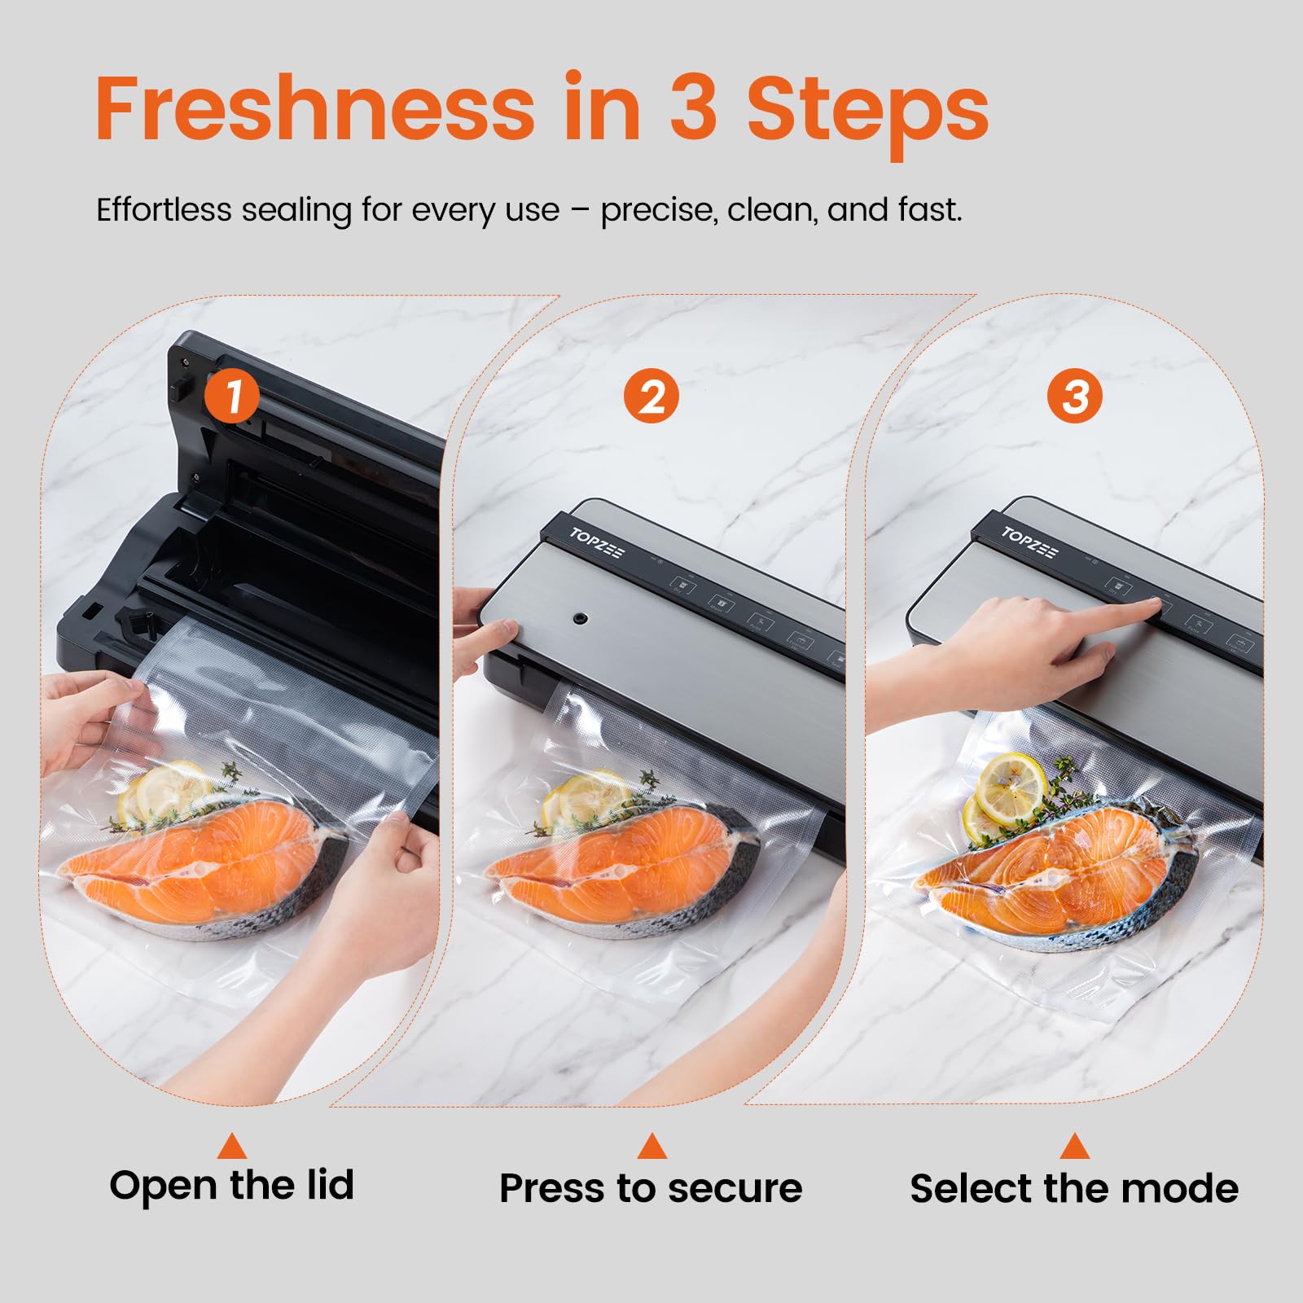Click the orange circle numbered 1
point(232,397)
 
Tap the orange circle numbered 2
point(651,397)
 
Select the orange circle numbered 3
point(1075,397)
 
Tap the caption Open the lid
point(232,1185)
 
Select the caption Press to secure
point(651,1188)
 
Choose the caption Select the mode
point(1074,1188)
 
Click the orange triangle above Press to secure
point(651,1147)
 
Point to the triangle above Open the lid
point(232,1147)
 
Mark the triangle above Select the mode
point(1075,1147)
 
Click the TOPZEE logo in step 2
point(597,542)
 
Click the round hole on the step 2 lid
point(580,619)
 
